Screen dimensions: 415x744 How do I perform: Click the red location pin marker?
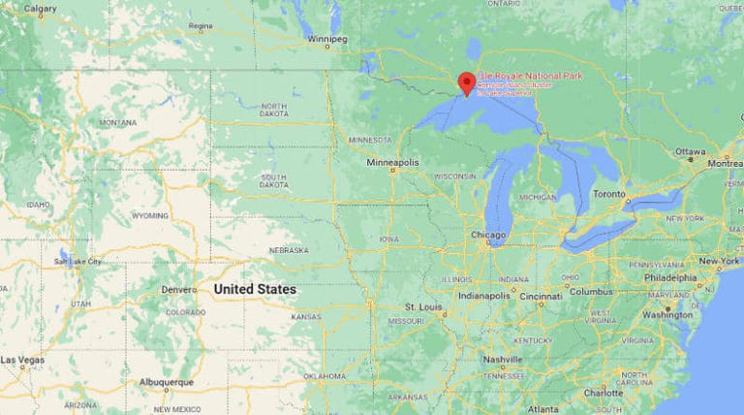pyautogui.click(x=466, y=82)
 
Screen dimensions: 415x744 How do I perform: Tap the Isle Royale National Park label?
pyautogui.click(x=530, y=77)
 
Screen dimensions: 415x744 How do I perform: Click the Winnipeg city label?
pyautogui.click(x=326, y=39)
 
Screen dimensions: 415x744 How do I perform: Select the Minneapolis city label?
pyautogui.click(x=393, y=162)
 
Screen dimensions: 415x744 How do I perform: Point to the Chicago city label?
pyautogui.click(x=488, y=236)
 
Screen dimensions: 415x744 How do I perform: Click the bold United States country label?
pyautogui.click(x=255, y=289)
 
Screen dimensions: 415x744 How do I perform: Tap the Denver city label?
pyautogui.click(x=178, y=290)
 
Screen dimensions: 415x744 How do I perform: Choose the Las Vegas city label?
pyautogui.click(x=21, y=360)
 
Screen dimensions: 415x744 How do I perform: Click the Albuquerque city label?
pyautogui.click(x=166, y=383)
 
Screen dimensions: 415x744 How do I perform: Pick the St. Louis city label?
pyautogui.click(x=423, y=307)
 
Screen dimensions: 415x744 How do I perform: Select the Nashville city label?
pyautogui.click(x=503, y=359)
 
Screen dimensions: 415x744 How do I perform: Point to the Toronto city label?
pyautogui.click(x=609, y=194)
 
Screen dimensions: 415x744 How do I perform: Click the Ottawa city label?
pyautogui.click(x=691, y=151)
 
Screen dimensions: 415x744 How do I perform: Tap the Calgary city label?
pyautogui.click(x=40, y=9)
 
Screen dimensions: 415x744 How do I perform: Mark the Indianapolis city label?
pyautogui.click(x=483, y=295)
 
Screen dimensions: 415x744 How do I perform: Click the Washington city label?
pyautogui.click(x=667, y=314)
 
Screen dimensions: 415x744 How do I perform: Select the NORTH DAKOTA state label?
pyautogui.click(x=274, y=110)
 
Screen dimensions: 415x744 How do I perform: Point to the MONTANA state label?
pyautogui.click(x=117, y=123)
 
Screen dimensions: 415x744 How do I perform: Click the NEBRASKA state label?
pyautogui.click(x=289, y=250)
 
